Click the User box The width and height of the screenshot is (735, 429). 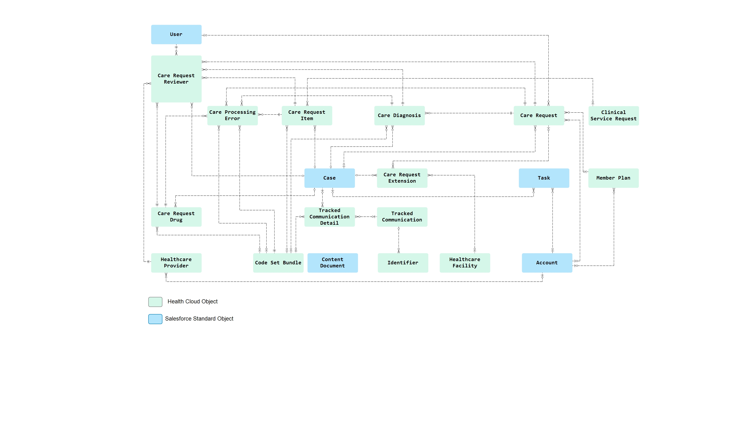click(176, 34)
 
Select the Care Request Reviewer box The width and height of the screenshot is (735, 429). click(176, 79)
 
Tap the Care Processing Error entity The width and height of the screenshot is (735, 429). click(232, 115)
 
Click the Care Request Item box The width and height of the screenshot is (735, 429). click(307, 115)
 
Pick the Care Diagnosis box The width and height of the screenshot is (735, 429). click(399, 115)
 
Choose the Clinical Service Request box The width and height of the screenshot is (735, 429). click(613, 116)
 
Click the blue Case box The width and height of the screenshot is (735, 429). click(329, 178)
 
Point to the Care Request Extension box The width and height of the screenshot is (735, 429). click(402, 178)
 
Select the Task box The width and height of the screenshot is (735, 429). click(544, 178)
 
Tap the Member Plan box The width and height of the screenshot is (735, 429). click(613, 178)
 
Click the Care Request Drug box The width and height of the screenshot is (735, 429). click(176, 217)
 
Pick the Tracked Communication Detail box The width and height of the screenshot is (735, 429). click(329, 217)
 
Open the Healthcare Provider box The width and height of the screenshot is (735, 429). click(176, 263)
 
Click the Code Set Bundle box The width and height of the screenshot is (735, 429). click(278, 263)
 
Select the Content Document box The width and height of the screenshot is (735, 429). click(333, 263)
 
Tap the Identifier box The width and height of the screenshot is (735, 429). click(403, 263)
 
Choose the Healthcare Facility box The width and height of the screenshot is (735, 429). click(465, 263)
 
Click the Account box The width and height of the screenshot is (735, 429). click(547, 263)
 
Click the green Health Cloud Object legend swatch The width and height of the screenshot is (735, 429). click(155, 302)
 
